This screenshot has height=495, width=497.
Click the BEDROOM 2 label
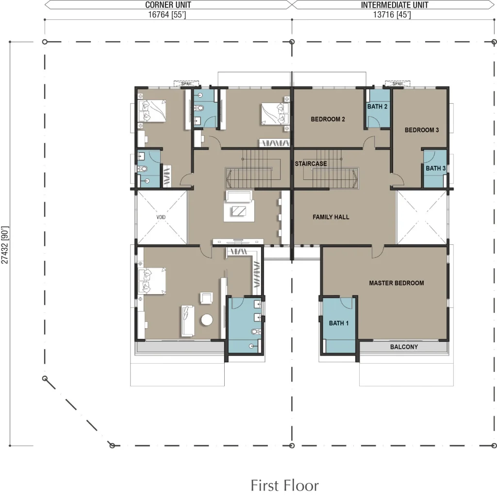(328, 119)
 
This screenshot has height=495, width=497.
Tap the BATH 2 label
(377, 107)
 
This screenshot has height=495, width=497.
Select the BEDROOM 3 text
(422, 130)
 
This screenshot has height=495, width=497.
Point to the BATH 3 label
(435, 169)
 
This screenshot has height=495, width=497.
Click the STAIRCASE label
(311, 164)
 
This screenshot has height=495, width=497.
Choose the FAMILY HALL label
(331, 217)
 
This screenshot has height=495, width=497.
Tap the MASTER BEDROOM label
(396, 283)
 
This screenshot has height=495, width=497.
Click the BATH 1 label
(338, 323)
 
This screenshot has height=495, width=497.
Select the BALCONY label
(404, 347)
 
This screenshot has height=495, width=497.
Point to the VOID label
(161, 217)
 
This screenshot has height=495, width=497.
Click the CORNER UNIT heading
(168, 5)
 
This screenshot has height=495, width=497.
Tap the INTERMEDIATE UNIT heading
(395, 5)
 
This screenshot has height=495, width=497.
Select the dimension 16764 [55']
(167, 15)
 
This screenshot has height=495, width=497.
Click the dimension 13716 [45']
(392, 15)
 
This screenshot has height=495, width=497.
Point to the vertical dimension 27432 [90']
(5, 245)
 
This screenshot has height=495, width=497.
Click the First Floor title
(284, 485)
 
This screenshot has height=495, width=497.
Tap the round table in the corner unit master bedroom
(207, 320)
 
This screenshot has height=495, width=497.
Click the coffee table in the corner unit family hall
(239, 211)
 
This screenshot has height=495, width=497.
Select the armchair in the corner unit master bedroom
(206, 298)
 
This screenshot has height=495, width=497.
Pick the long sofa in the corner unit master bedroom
(187, 321)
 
